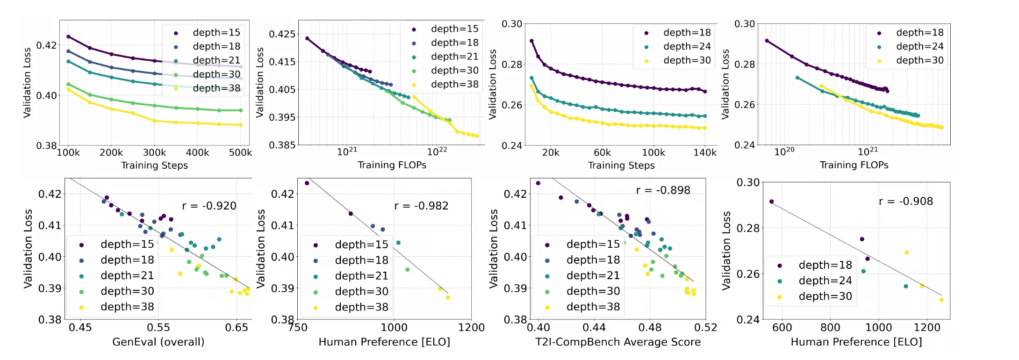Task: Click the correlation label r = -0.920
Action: tap(209, 206)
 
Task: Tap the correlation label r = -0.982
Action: tap(421, 206)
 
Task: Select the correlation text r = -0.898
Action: tap(663, 190)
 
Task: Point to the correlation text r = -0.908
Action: tap(906, 201)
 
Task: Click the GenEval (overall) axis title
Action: tap(158, 342)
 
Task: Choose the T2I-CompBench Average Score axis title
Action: tap(618, 342)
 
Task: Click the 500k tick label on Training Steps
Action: tap(240, 152)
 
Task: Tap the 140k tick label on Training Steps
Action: tap(705, 152)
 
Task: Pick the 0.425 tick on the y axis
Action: tap(282, 34)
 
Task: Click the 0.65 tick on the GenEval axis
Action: tap(237, 327)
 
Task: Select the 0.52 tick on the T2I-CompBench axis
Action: tap(705, 327)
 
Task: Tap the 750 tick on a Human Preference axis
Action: tap(298, 327)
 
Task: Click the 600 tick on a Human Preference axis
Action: tap(782, 327)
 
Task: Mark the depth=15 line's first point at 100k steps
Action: tap(68, 36)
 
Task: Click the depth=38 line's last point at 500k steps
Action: tap(241, 125)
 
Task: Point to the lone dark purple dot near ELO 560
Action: tap(771, 202)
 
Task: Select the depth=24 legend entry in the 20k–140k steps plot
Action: tap(678, 46)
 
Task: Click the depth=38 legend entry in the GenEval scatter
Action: tap(117, 307)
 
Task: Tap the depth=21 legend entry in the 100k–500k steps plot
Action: tap(208, 60)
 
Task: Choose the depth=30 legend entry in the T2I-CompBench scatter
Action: tap(583, 291)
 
